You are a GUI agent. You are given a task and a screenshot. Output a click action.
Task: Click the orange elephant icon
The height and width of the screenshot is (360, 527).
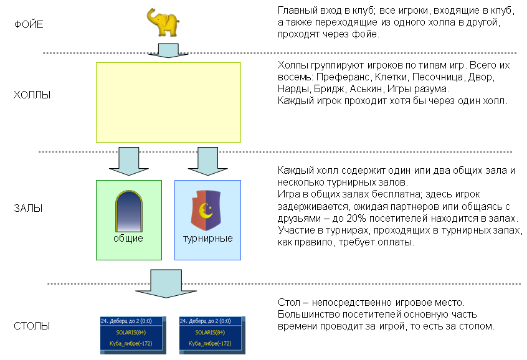click(x=163, y=24)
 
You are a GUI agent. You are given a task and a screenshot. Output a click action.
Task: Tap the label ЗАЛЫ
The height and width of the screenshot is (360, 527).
click(x=28, y=209)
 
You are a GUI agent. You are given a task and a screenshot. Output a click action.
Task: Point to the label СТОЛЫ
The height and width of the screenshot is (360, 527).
click(x=32, y=326)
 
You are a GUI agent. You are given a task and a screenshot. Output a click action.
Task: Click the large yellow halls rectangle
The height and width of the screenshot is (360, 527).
click(x=168, y=103)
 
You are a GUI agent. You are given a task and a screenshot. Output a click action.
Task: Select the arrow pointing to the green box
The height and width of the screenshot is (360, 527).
click(x=128, y=161)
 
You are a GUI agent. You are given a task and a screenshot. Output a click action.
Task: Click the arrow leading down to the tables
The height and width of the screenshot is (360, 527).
click(x=167, y=284)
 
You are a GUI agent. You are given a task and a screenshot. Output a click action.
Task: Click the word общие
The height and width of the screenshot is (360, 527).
click(x=128, y=239)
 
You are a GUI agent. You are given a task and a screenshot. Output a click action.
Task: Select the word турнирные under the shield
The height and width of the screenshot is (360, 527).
click(x=207, y=239)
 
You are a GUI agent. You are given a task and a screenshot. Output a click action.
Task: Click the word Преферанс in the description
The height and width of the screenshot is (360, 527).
click(x=347, y=77)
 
